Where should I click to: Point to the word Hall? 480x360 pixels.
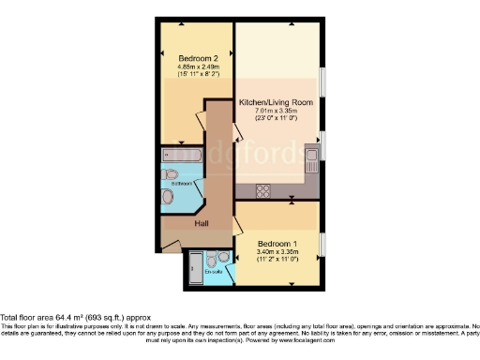tap(202, 224)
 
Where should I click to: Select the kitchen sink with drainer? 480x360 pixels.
tap(313, 155)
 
